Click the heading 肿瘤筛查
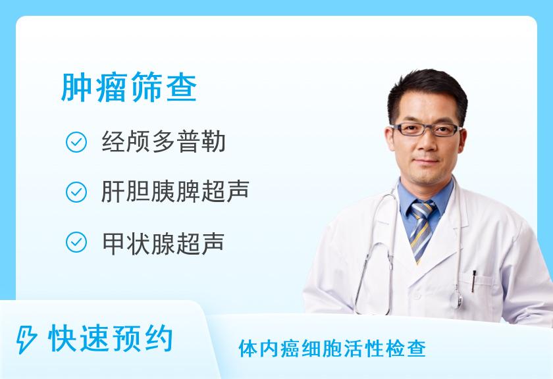click(129, 88)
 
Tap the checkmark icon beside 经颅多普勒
click(76, 142)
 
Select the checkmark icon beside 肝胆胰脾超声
click(76, 192)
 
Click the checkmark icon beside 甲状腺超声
click(76, 242)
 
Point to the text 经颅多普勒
click(164, 141)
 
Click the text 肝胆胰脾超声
click(175, 191)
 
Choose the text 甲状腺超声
click(163, 243)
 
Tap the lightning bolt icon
click(26, 340)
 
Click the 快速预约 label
click(111, 338)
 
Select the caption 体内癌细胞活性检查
click(332, 349)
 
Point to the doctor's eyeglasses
click(427, 130)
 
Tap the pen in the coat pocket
click(473, 281)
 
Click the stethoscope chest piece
click(459, 299)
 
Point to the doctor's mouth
click(426, 161)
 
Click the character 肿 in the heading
click(76, 88)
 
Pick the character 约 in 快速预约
click(158, 338)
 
